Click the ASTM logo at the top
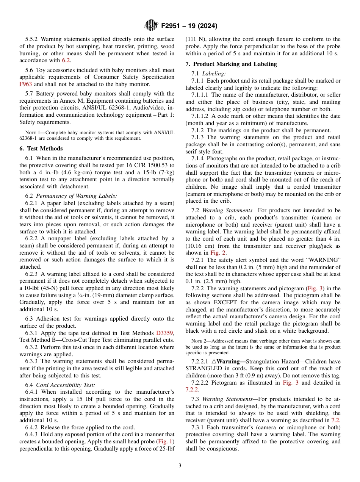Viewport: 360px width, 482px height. point(151,25)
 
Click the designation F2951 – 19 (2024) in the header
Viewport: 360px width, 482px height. point(189,26)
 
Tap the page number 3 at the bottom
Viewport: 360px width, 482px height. point(180,465)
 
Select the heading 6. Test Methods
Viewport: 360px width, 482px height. point(41,149)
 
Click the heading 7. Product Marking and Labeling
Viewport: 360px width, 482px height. point(231,64)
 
